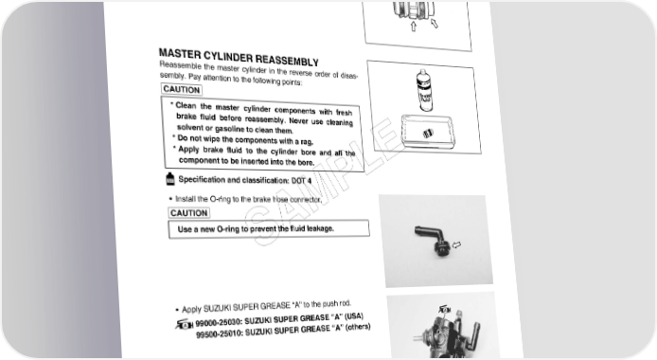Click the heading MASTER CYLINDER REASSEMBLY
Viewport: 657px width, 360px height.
(239, 58)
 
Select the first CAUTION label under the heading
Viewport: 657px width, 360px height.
(182, 89)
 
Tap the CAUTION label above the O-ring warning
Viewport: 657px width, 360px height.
(189, 213)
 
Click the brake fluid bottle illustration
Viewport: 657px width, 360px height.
(424, 91)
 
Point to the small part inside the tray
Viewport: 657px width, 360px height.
(427, 134)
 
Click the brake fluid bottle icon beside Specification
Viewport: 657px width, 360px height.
(169, 178)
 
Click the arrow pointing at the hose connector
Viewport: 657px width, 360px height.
(456, 244)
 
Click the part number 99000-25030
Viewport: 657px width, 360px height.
(219, 323)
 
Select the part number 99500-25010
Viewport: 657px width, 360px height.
(220, 334)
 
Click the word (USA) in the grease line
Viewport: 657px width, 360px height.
(354, 316)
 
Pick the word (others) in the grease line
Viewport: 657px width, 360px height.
(358, 327)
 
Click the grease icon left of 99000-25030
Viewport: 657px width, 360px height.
(185, 324)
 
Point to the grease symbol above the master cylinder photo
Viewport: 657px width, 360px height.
(445, 310)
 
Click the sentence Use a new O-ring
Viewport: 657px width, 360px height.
(256, 229)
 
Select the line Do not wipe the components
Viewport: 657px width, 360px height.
(245, 139)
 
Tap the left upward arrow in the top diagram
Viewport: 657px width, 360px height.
(414, 27)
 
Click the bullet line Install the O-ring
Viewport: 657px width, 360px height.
(248, 199)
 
